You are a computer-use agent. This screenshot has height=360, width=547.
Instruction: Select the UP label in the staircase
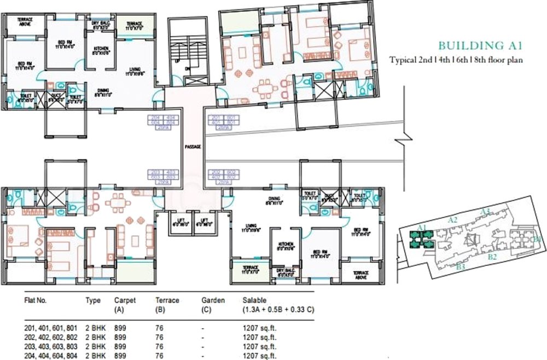(177, 61)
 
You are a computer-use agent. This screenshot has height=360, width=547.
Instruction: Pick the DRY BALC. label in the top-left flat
(102, 23)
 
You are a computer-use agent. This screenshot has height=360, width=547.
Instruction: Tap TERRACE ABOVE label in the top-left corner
(25, 22)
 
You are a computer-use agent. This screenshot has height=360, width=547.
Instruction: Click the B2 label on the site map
(492, 256)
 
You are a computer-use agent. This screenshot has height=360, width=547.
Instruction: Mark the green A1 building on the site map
(422, 236)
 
